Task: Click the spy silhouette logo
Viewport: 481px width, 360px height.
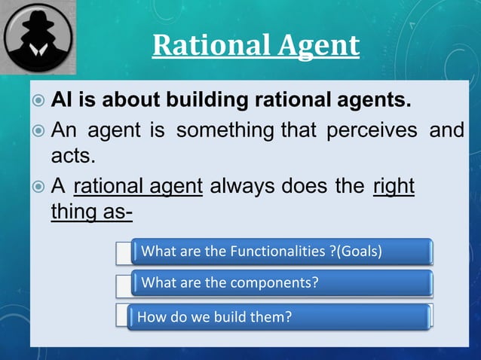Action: [x=38, y=38]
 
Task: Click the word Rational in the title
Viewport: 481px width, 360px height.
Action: [x=202, y=45]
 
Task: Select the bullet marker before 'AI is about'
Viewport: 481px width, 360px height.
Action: [x=37, y=100]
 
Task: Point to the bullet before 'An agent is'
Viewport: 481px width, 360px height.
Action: [x=37, y=131]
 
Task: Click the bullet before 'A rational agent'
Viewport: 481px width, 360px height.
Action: [x=37, y=186]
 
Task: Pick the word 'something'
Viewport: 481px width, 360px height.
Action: [x=226, y=130]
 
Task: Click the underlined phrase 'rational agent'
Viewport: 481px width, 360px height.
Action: [x=139, y=185]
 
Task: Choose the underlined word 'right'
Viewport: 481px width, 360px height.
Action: [x=394, y=185]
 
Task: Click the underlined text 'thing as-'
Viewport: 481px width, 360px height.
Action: [x=91, y=212]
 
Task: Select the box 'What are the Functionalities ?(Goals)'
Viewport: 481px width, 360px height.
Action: [x=280, y=252]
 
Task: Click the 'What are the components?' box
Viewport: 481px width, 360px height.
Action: [x=280, y=284]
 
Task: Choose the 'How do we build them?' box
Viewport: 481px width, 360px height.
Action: [x=280, y=317]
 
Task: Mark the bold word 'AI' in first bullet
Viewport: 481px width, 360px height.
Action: [x=62, y=99]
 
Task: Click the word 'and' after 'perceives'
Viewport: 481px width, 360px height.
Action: [x=446, y=130]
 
